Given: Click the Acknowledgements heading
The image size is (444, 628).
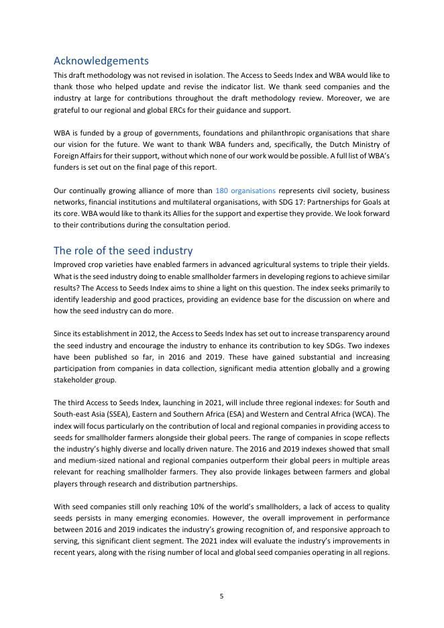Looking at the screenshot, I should coord(101,60).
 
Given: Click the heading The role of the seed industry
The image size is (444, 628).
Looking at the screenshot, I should coord(123,251).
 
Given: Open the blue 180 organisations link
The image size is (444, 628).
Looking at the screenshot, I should coord(245,191).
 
